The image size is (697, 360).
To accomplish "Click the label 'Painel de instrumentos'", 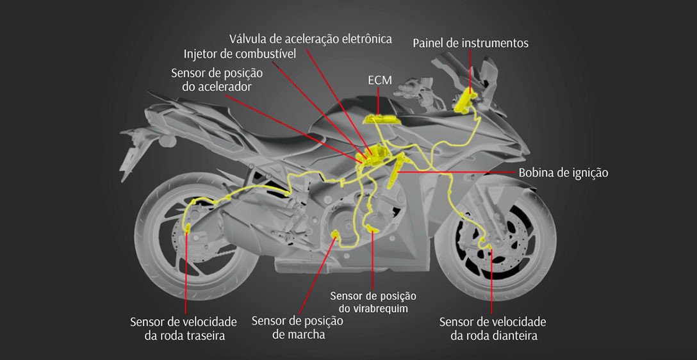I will (470, 43).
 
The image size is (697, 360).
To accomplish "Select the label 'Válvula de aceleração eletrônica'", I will (310, 38).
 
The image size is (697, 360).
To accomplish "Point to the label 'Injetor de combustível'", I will (240, 54).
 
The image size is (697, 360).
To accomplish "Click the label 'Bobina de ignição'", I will (563, 172).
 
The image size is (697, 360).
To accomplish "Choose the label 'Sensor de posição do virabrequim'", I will (373, 302).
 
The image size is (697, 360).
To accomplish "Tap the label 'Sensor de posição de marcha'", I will (298, 327).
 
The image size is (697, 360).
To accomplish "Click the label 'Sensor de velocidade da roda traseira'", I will (183, 328).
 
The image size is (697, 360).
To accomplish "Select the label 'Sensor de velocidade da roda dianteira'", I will (493, 328).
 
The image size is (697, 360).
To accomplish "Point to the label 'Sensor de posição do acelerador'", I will (217, 79).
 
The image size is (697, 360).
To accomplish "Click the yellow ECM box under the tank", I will (381, 119).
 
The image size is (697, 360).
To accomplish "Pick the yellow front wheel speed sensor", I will (485, 242).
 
